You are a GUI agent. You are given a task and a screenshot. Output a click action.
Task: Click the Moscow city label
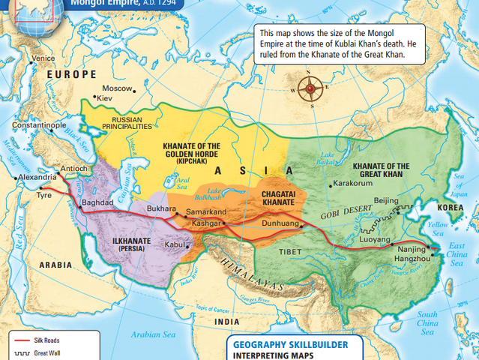pyautogui.click(x=117, y=88)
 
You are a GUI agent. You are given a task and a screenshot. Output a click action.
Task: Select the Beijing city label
pyautogui.click(x=386, y=200)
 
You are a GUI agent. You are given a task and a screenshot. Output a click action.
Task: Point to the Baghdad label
pyautogui.click(x=97, y=202)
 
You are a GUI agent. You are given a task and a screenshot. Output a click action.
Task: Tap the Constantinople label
pyautogui.click(x=39, y=125)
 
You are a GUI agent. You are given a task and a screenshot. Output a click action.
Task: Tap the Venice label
pyautogui.click(x=43, y=58)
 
